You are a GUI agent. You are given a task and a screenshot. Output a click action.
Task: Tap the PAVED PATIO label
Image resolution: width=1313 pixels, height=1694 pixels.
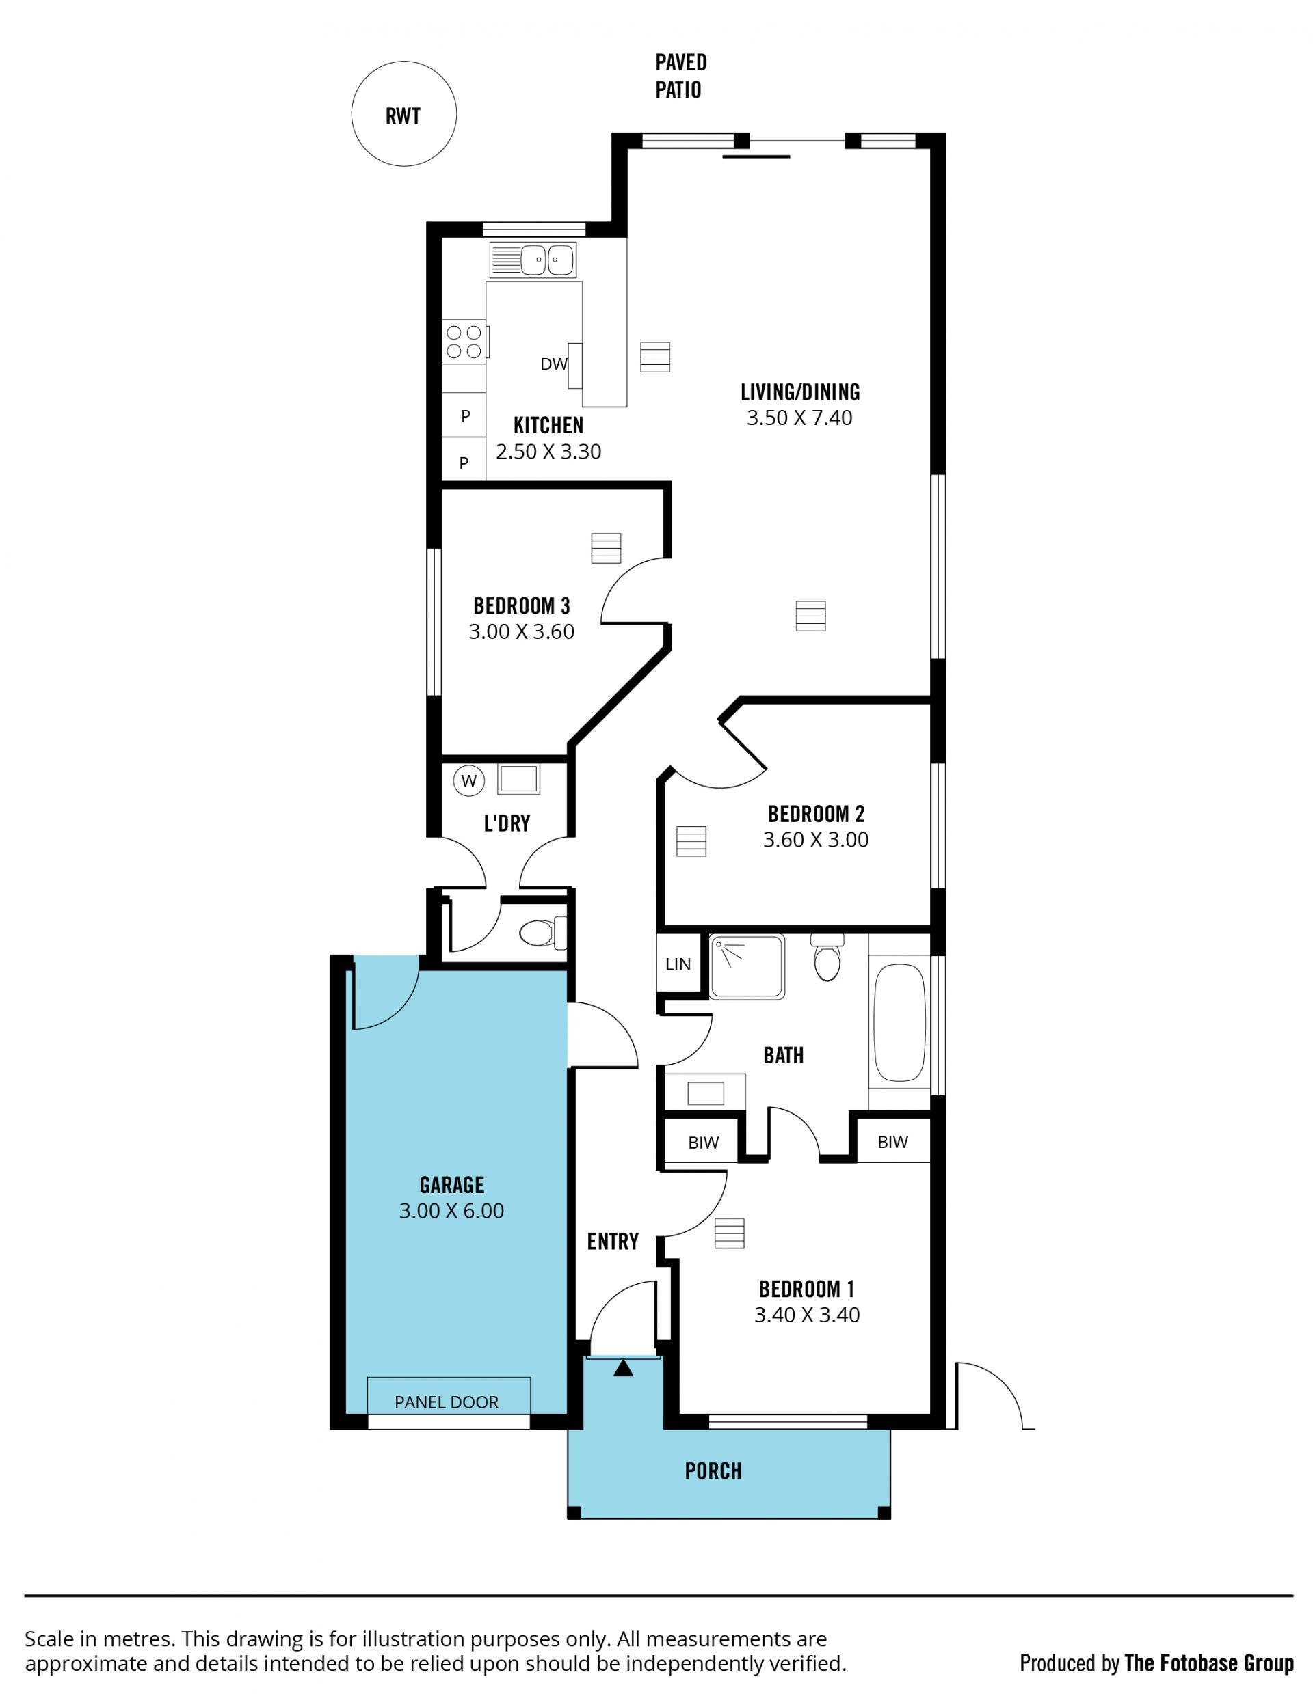(x=680, y=76)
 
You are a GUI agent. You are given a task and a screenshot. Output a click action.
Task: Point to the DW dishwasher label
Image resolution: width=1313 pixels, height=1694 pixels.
(x=554, y=364)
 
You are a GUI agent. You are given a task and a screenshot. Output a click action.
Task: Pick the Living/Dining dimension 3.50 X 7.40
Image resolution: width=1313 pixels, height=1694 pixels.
(x=799, y=418)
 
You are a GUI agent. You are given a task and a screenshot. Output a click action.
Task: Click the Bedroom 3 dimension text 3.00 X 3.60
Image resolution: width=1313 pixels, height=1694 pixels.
(x=522, y=632)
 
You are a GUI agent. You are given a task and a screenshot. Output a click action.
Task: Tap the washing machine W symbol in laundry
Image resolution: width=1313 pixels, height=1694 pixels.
(x=468, y=781)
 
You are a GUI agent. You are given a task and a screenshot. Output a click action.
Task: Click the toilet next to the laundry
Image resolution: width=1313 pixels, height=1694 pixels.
(x=542, y=933)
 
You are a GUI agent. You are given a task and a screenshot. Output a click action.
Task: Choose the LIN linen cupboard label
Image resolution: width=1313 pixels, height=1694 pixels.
(x=678, y=964)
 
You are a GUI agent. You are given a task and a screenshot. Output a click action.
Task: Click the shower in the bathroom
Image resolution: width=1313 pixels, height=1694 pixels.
(x=747, y=966)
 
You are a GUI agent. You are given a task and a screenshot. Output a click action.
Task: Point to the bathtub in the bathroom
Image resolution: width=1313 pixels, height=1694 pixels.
(x=899, y=1022)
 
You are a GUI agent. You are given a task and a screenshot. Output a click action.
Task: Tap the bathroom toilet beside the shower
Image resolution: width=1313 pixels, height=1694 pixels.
(x=827, y=957)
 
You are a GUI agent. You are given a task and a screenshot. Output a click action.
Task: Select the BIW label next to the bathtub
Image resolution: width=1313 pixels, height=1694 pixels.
(x=892, y=1142)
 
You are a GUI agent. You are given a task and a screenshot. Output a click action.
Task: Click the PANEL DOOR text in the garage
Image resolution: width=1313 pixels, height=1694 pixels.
(x=447, y=1402)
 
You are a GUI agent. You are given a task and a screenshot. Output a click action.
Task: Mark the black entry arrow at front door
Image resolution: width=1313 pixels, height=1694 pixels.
(x=623, y=1367)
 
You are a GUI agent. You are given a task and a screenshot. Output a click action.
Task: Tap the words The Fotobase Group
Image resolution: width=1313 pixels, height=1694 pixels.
(x=1209, y=1663)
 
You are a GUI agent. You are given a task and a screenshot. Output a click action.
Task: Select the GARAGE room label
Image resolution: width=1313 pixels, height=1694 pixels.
(x=451, y=1184)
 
